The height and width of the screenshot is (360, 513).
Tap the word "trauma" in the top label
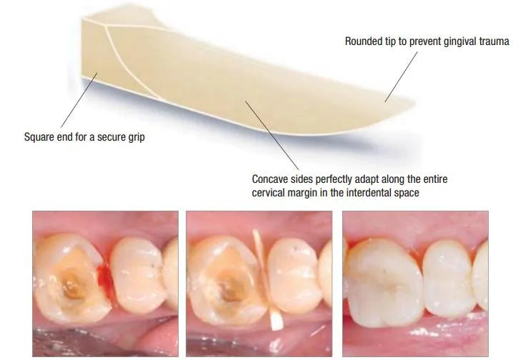(492, 41)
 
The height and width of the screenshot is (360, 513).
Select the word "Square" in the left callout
(40, 136)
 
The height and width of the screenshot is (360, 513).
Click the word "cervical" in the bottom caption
(270, 194)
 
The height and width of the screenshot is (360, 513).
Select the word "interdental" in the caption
(395, 194)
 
